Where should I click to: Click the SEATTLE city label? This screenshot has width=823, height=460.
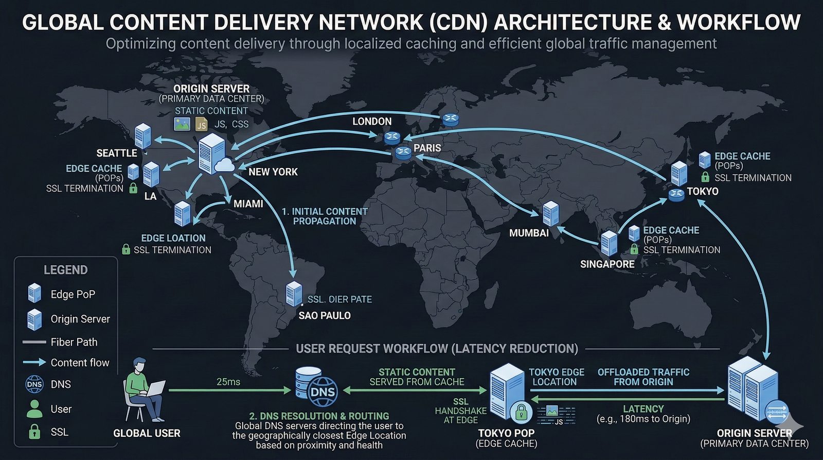click(x=117, y=153)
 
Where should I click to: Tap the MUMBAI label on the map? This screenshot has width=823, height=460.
click(x=529, y=233)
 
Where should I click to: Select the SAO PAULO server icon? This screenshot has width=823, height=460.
click(x=294, y=294)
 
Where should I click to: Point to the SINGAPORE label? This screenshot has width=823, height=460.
click(x=607, y=264)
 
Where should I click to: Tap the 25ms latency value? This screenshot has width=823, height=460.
click(x=228, y=382)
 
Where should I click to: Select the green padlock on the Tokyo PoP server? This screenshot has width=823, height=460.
click(x=522, y=411)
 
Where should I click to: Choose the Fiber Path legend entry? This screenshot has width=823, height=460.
click(x=74, y=342)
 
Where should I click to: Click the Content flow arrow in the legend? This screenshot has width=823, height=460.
click(x=34, y=362)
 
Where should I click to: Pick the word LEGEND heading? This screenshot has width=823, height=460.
click(x=65, y=270)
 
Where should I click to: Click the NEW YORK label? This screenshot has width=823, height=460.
click(x=273, y=172)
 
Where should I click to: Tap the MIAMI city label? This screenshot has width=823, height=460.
click(x=248, y=204)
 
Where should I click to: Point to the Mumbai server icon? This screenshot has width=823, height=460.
click(x=550, y=213)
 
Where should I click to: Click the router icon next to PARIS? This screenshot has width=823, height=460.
click(x=402, y=152)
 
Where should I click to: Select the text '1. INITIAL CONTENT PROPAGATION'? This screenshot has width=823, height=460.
click(x=325, y=216)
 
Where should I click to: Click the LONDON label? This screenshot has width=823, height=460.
click(x=372, y=122)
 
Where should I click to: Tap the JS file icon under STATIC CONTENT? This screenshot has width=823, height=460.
click(x=201, y=124)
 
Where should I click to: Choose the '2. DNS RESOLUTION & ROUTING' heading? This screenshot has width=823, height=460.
click(x=319, y=416)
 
